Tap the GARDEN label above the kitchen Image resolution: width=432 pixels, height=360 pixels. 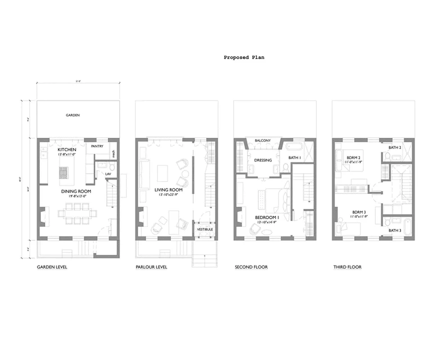pyautogui.click(x=73, y=115)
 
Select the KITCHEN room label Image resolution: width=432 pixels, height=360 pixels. pyautogui.click(x=67, y=149)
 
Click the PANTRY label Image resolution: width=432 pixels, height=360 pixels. pyautogui.click(x=98, y=147)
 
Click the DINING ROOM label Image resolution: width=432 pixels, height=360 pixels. pyautogui.click(x=76, y=191)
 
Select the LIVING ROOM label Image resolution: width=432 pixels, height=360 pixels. pyautogui.click(x=168, y=190)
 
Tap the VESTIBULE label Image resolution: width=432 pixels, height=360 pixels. pyautogui.click(x=205, y=229)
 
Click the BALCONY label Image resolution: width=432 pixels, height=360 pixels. pyautogui.click(x=263, y=141)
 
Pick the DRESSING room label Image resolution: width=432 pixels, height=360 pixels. pyautogui.click(x=263, y=160)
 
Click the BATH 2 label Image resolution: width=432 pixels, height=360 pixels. pyautogui.click(x=395, y=147)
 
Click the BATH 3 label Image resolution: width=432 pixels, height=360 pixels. pyautogui.click(x=395, y=230)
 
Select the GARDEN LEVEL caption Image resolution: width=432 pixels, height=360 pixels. pyautogui.click(x=52, y=267)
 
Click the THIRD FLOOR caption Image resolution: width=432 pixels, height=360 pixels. pyautogui.click(x=347, y=267)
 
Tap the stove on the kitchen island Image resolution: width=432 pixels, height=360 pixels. pyautogui.click(x=63, y=172)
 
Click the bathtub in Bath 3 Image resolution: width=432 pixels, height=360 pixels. pyautogui.click(x=407, y=226)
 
